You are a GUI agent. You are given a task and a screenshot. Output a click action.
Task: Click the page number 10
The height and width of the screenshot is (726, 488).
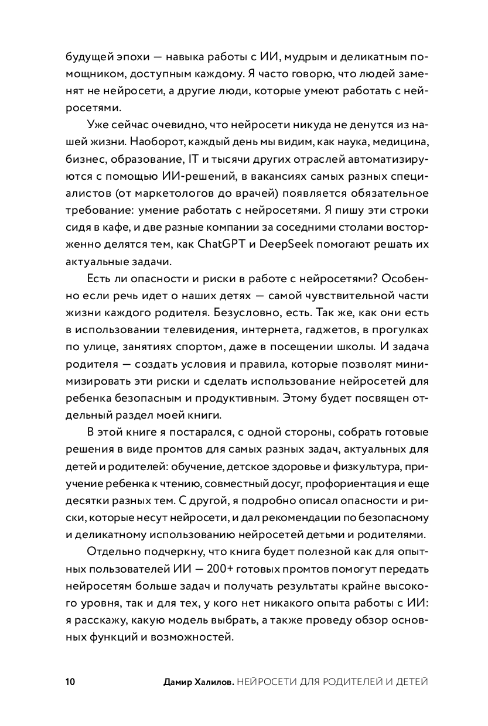click(69, 682)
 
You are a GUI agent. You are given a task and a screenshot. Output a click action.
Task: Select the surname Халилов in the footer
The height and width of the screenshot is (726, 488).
click(214, 682)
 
